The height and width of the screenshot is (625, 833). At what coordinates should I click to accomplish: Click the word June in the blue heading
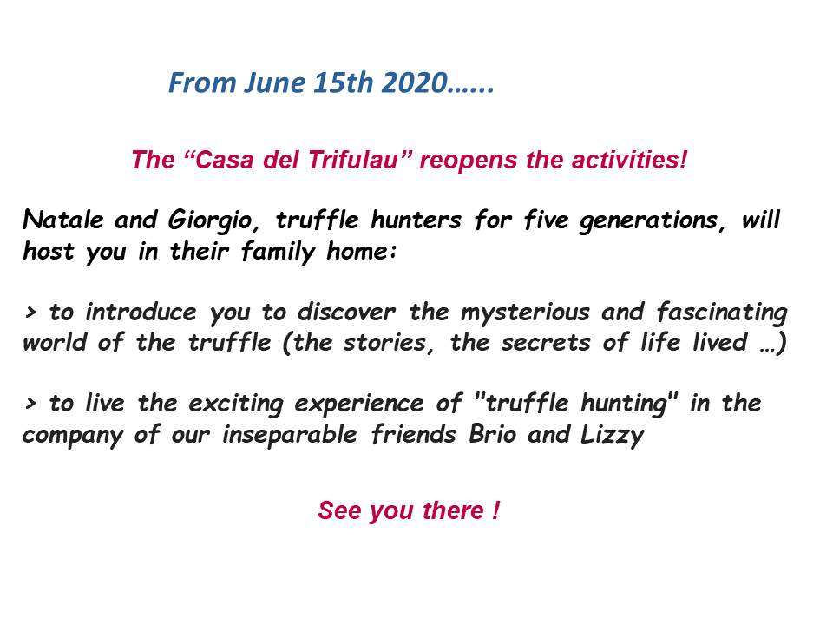click(275, 83)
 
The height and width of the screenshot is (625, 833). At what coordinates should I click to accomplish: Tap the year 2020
click(415, 83)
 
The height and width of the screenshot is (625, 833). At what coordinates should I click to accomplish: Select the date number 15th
click(344, 83)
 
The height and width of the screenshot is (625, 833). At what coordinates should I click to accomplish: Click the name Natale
click(63, 220)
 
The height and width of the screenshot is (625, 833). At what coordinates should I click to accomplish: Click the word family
click(278, 252)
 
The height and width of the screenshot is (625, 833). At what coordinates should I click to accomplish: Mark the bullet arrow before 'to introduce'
click(30, 312)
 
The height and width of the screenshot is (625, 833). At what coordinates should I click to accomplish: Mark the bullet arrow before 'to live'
click(30, 404)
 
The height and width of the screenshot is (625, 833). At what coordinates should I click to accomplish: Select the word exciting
click(236, 404)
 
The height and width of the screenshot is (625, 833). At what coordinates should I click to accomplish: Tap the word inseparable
click(290, 435)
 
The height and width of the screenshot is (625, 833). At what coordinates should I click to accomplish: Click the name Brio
click(493, 434)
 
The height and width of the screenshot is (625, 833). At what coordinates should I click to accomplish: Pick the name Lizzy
click(612, 435)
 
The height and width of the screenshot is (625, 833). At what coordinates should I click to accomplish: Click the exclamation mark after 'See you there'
click(495, 510)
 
